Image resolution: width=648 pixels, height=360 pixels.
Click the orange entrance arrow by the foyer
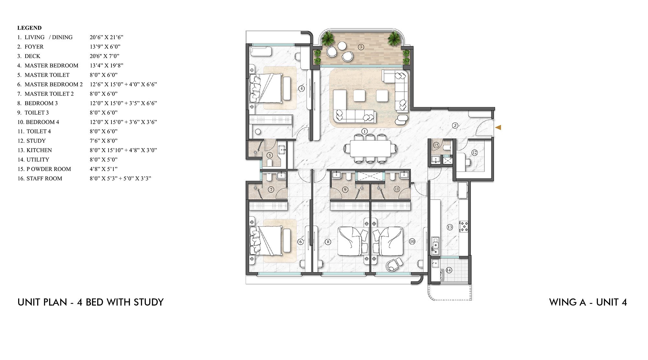pyautogui.click(x=498, y=128)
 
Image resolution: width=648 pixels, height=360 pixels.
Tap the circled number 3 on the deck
pyautogui.click(x=361, y=47)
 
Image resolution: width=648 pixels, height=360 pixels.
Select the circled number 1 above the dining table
pyautogui.click(x=364, y=131)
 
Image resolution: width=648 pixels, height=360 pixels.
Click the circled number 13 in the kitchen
pyautogui.click(x=450, y=227)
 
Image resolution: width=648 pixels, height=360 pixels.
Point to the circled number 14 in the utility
pyautogui.click(x=449, y=270)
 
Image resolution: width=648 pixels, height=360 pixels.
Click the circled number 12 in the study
pyautogui.click(x=475, y=153)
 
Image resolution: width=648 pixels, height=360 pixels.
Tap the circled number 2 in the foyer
pyautogui.click(x=455, y=125)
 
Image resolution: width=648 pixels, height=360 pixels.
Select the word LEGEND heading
pyautogui.click(x=29, y=28)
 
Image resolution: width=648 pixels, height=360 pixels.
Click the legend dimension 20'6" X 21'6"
pyautogui.click(x=107, y=37)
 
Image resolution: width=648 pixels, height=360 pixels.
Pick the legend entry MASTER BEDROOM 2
pyautogui.click(x=53, y=84)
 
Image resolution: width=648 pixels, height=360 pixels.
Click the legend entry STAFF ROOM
pyautogui.click(x=44, y=179)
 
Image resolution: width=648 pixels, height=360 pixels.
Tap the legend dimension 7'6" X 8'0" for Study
pyautogui.click(x=104, y=141)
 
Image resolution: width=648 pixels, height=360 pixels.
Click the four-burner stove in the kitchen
pyautogui.click(x=464, y=226)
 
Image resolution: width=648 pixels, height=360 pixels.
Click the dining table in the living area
pyautogui.click(x=370, y=149)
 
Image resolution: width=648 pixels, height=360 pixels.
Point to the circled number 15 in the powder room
pyautogui.click(x=436, y=145)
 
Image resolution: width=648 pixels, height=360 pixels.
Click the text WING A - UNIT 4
pyautogui.click(x=588, y=302)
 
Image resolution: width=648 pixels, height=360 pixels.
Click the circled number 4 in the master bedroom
pyautogui.click(x=301, y=88)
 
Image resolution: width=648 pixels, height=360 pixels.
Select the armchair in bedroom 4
pyautogui.click(x=394, y=264)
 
